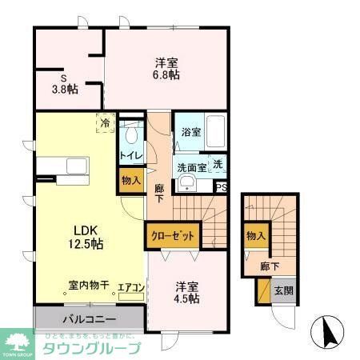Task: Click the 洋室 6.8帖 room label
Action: tap(166, 67)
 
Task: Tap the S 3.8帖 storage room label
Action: tap(65, 84)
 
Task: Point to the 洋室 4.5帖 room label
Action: tap(186, 292)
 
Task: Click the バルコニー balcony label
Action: tap(87, 318)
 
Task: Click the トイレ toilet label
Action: tap(131, 154)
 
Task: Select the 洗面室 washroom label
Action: tap(191, 169)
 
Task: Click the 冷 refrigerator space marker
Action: tap(105, 123)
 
